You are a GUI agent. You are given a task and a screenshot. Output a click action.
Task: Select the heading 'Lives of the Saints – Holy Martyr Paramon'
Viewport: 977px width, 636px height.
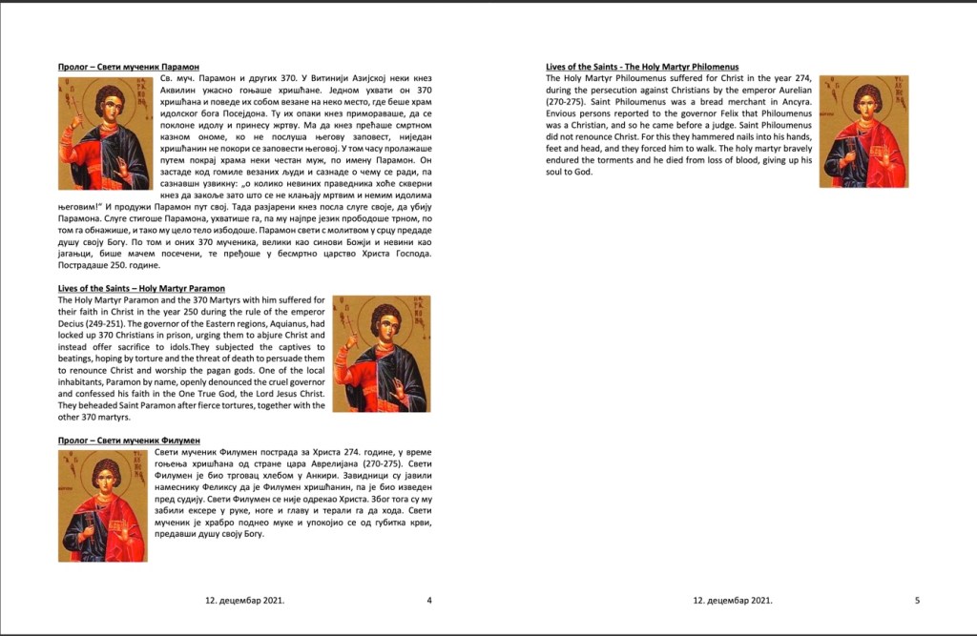141,288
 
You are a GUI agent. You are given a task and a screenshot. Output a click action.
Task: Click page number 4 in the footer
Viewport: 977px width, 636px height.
429,601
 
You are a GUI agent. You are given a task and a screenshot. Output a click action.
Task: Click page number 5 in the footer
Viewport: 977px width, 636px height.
917,601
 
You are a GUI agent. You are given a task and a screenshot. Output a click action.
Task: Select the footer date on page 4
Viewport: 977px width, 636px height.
245,601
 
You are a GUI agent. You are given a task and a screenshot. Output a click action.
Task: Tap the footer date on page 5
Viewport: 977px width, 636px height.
733,601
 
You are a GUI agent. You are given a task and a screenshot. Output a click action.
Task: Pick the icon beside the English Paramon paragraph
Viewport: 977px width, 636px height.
381,353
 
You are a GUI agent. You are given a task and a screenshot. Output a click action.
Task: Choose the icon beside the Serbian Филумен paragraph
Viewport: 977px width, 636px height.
104,505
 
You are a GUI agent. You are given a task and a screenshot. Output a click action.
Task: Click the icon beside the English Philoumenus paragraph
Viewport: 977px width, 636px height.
863,131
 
